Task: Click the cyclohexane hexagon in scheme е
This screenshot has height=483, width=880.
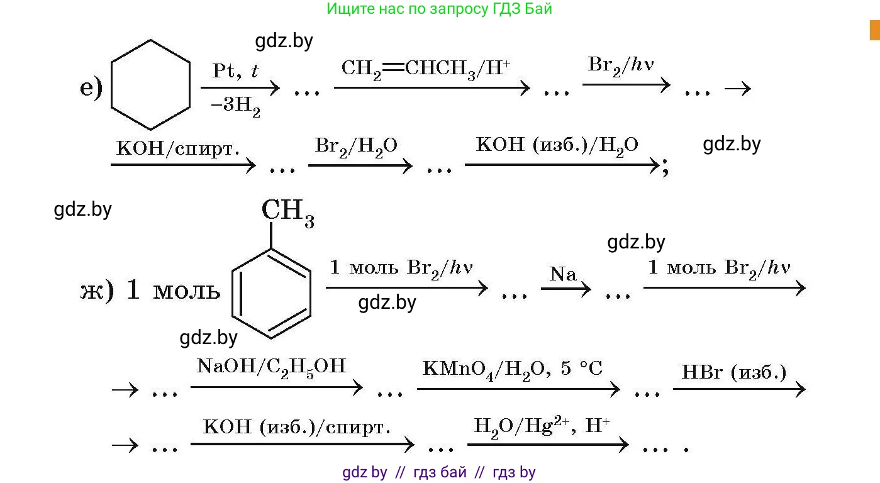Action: click(150, 85)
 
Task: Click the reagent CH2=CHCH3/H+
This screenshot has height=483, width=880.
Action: click(425, 67)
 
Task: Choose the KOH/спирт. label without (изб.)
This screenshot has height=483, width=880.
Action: click(178, 148)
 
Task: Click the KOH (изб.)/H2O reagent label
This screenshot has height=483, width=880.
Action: click(557, 145)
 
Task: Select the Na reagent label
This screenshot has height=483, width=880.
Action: click(563, 274)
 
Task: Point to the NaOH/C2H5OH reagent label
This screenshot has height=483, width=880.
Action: click(271, 366)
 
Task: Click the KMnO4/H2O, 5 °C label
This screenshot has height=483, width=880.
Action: click(512, 368)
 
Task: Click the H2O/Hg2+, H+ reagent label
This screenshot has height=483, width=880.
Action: click(542, 425)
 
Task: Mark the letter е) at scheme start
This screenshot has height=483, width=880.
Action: click(91, 88)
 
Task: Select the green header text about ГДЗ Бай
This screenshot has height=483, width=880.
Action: click(439, 9)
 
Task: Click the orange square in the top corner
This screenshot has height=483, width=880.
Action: click(874, 30)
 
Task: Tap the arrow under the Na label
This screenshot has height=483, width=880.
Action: click(566, 289)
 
